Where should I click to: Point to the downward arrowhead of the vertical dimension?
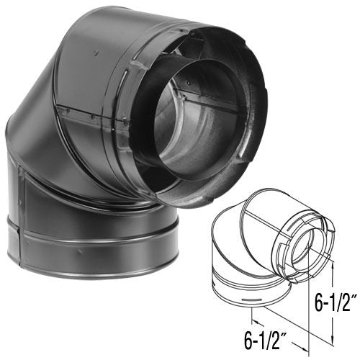[x=333, y=341]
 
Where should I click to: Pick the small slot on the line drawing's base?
[x=251, y=300]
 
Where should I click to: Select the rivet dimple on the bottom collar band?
[x=81, y=251]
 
